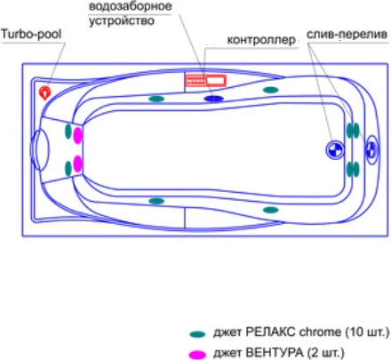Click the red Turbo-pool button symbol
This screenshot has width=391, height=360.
[45, 92]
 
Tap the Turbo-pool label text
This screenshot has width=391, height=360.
[31, 34]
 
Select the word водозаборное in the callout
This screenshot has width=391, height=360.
[130, 6]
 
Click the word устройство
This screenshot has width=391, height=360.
[122, 21]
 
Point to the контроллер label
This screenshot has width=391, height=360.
[261, 40]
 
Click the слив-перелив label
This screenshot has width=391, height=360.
[347, 35]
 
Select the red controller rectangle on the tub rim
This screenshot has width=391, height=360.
[205, 81]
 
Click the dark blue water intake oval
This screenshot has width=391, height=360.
[214, 99]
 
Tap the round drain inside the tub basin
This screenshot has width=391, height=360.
[335, 150]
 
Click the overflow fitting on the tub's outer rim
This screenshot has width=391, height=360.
[371, 149]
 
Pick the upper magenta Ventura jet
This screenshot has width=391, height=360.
[77, 135]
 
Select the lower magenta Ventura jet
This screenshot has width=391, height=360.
[77, 164]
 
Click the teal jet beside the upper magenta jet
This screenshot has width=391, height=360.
[68, 132]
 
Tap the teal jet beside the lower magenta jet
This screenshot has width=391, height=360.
[68, 169]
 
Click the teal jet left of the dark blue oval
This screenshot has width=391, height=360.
[156, 99]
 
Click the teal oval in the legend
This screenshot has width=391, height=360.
[197, 334]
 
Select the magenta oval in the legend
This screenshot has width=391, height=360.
[197, 355]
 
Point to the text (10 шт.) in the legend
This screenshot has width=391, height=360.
[367, 332]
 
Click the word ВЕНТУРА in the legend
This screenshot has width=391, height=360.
[275, 353]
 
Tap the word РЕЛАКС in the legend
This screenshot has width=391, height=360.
[270, 332]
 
